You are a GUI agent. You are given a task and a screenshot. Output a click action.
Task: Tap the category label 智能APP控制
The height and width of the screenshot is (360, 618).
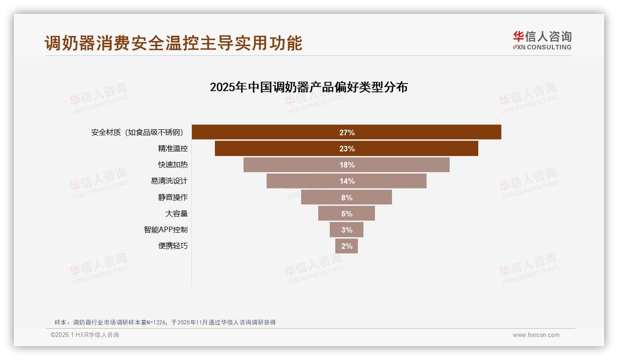pos(166,230)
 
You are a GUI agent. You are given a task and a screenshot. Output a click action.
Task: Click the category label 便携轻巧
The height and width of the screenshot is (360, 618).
pos(173,246)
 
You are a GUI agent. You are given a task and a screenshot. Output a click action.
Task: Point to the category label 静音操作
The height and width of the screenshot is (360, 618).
pos(173,198)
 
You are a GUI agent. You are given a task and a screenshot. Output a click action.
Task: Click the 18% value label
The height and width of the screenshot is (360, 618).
pos(347,165)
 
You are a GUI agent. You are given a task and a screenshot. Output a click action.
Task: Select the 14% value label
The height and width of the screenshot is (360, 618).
pos(347,181)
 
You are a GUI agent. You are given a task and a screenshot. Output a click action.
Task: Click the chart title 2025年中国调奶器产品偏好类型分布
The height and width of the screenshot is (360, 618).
pos(309,87)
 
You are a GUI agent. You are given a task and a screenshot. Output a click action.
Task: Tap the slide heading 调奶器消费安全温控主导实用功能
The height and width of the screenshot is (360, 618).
pos(173,43)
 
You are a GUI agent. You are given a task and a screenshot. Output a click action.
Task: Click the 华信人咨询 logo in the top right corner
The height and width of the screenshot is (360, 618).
pos(542,41)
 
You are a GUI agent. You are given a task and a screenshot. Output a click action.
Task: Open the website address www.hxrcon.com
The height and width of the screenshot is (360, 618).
pos(536,335)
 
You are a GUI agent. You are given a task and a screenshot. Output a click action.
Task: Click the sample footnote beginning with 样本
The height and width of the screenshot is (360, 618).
pos(165,322)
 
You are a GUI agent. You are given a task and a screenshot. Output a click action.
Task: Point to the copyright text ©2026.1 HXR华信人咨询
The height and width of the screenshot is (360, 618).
pos(85,335)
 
